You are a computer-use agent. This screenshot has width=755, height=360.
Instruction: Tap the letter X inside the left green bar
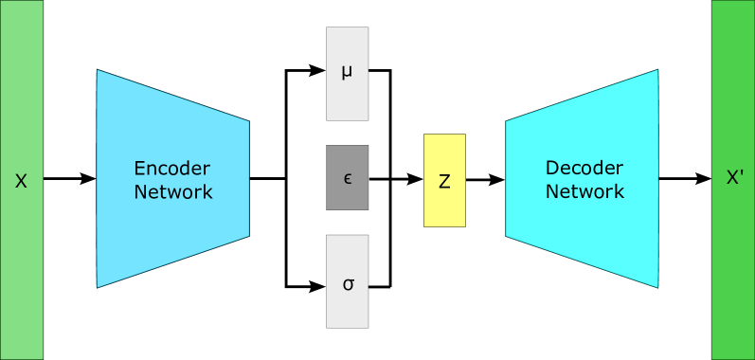(21, 180)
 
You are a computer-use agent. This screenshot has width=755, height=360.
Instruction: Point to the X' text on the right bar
(734, 177)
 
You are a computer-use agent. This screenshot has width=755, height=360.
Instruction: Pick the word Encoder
(172, 169)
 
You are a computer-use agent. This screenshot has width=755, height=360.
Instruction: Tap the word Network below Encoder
(172, 191)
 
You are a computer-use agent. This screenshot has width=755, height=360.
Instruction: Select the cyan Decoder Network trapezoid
(583, 237)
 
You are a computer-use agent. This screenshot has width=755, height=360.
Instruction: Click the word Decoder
(584, 168)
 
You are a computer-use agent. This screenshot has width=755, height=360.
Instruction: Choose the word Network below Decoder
(584, 191)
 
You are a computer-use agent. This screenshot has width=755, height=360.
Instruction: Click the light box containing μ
(347, 95)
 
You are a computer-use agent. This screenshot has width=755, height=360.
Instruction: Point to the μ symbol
(347, 71)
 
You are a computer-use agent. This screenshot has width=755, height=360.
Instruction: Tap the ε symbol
(348, 177)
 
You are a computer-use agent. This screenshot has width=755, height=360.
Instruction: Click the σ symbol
(348, 283)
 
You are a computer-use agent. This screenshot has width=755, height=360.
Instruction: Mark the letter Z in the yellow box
(444, 181)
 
